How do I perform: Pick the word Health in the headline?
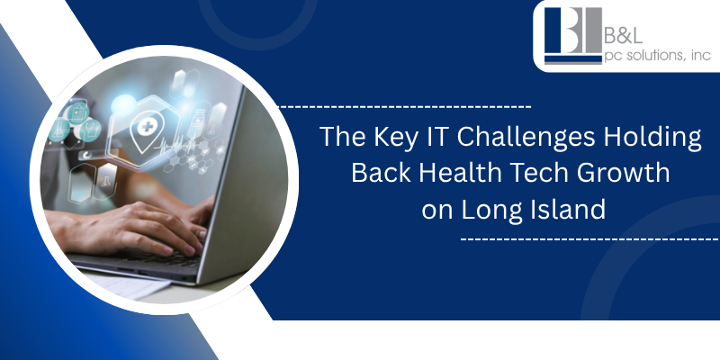click(463, 173)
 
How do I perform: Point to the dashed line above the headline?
click(405, 106)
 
